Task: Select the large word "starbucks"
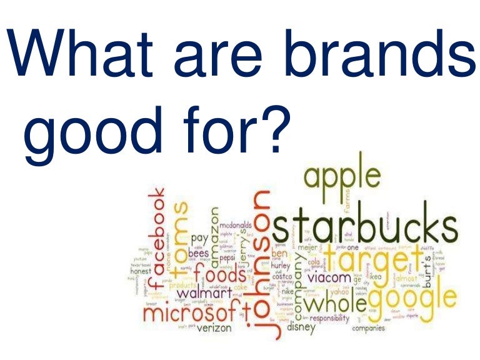(x=364, y=228)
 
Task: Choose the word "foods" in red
(x=219, y=275)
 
